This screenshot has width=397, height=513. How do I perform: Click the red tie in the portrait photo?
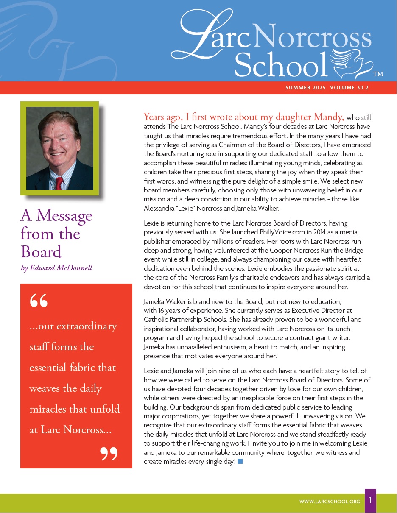point(59,183)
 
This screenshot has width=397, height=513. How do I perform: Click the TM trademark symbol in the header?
point(378,74)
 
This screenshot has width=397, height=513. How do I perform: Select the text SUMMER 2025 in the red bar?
point(305,88)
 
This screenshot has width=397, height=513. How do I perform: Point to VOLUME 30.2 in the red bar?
point(349,88)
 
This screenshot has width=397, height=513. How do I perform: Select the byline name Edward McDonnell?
point(61,268)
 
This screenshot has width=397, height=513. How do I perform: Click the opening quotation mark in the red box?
point(39,301)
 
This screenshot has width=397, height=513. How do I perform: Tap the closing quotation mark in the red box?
point(109,454)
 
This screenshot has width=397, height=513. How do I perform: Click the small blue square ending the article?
point(240,461)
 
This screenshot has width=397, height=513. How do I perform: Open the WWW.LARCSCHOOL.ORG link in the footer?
point(330,502)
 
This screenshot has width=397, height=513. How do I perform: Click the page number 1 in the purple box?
point(370,501)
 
